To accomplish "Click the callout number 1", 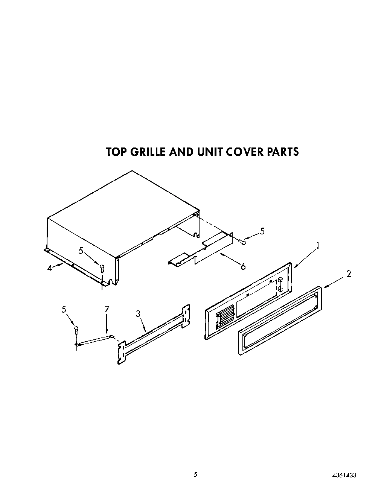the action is click(x=318, y=246).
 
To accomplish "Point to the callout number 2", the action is click(x=349, y=274).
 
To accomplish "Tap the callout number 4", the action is click(x=49, y=269).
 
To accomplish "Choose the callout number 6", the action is click(x=243, y=266).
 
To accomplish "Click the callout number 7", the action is click(x=107, y=309).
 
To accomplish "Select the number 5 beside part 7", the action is click(x=64, y=309).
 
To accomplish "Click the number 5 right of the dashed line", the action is click(x=262, y=231).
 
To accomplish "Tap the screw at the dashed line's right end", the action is click(x=243, y=242).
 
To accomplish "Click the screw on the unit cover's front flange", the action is click(x=102, y=268).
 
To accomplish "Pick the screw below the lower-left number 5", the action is click(x=77, y=330).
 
